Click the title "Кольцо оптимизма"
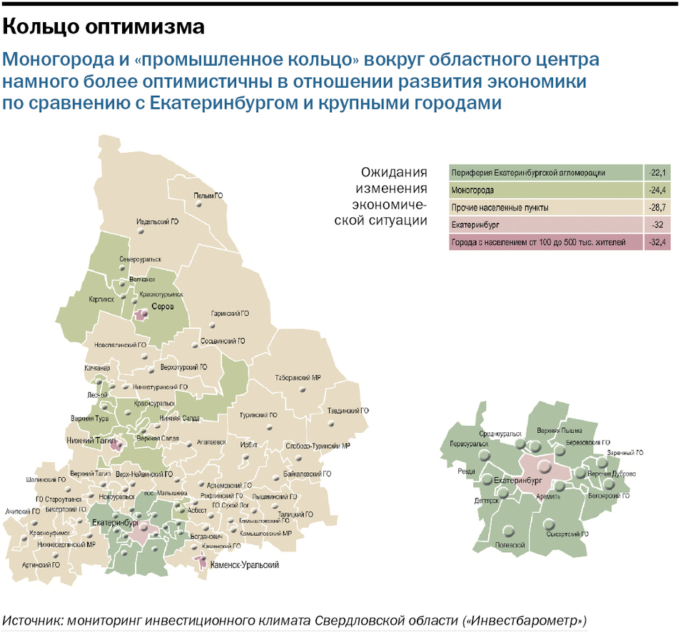tap(104, 27)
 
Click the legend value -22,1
tap(657, 173)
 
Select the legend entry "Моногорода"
tap(473, 191)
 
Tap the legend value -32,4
tap(657, 243)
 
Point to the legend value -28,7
tap(657, 208)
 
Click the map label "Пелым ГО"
tap(208, 195)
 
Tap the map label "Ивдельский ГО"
tap(158, 222)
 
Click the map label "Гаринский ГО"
tap(230, 314)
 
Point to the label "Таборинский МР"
tap(298, 378)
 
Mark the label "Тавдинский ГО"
tap(348, 411)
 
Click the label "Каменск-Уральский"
tap(245, 564)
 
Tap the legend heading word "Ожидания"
tap(394, 173)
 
